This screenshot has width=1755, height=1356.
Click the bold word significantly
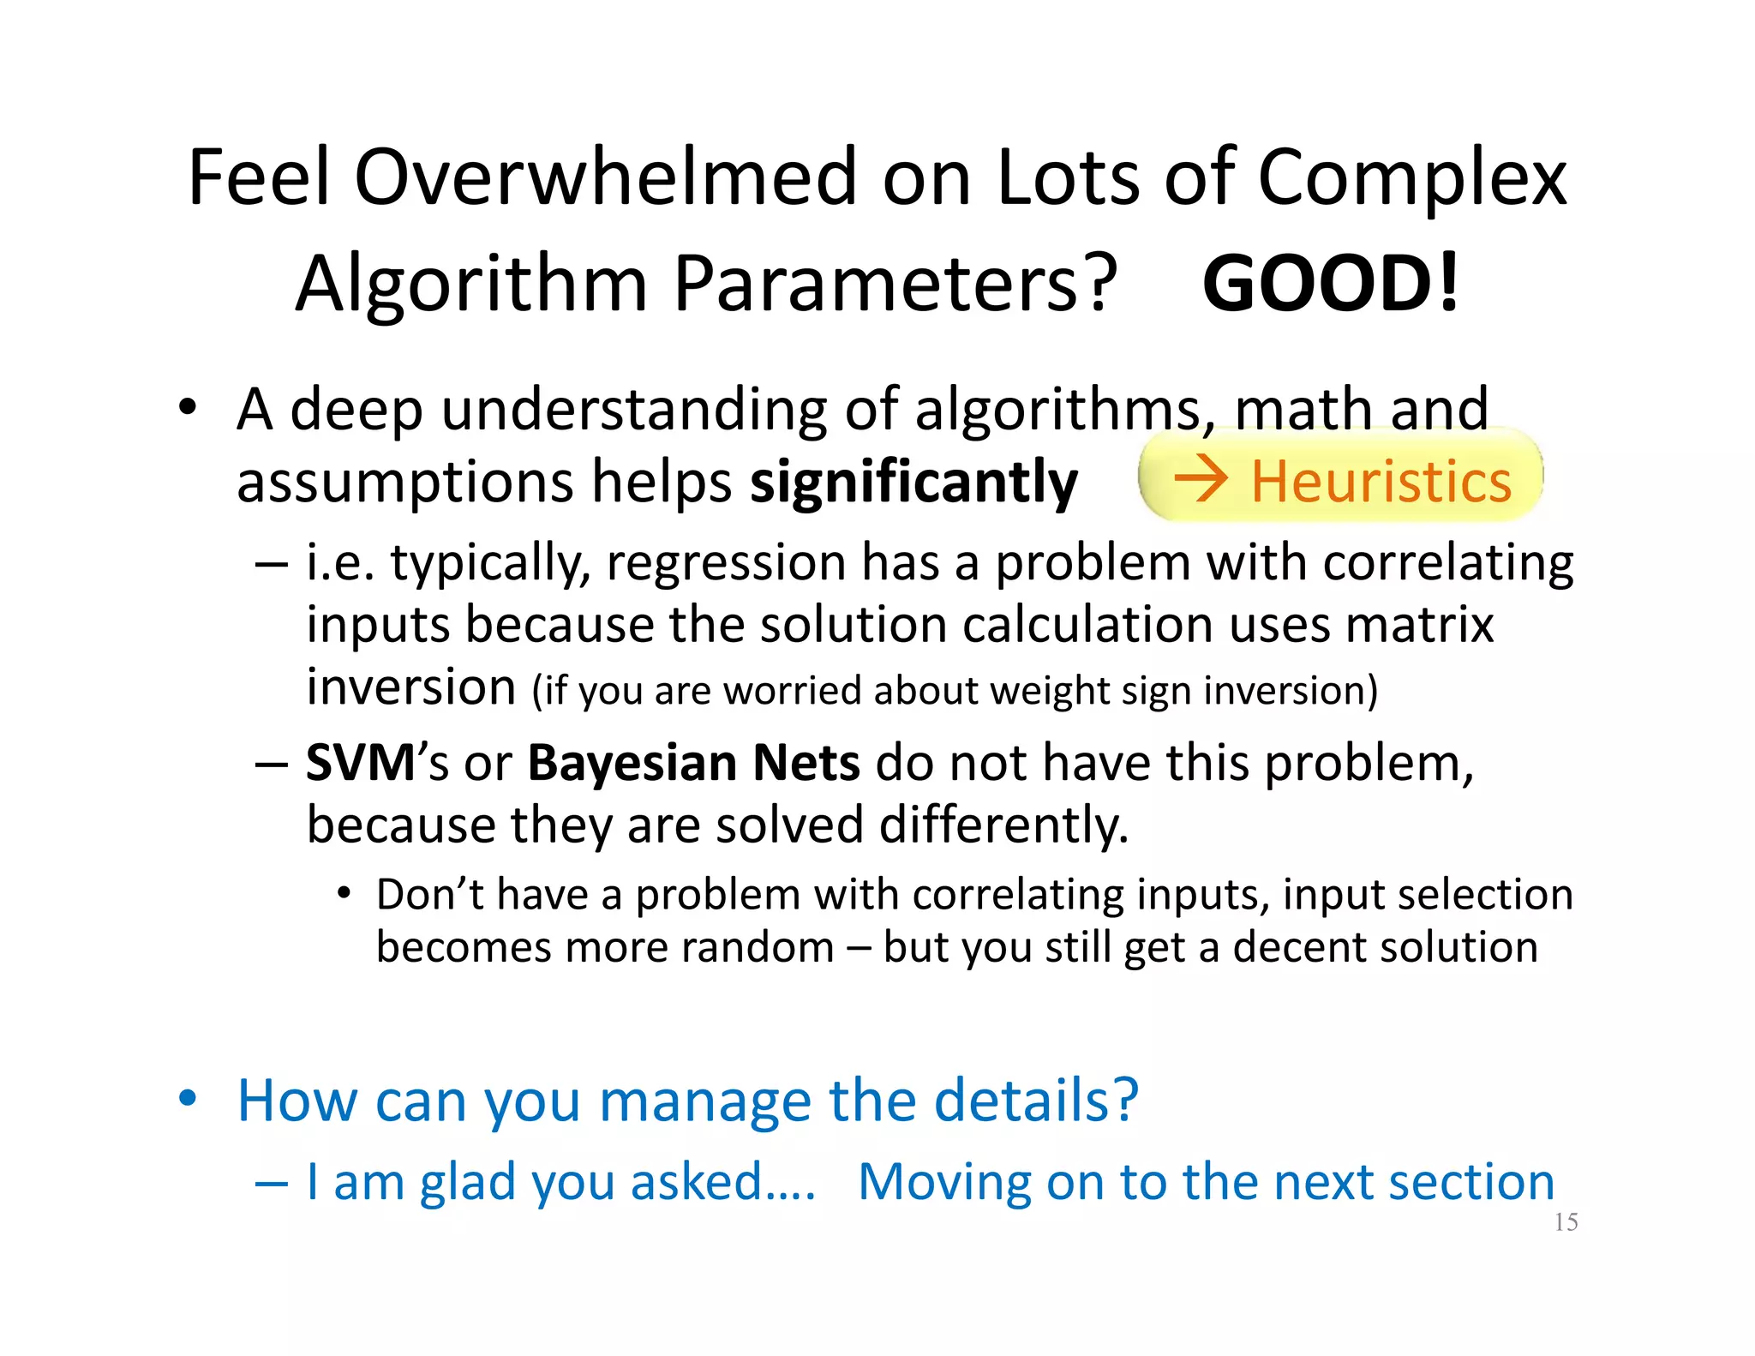[x=913, y=483]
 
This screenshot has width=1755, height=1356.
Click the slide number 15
[x=1566, y=1222]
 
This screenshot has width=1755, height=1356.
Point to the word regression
[x=727, y=563]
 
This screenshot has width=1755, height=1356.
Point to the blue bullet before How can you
[x=188, y=1097]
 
